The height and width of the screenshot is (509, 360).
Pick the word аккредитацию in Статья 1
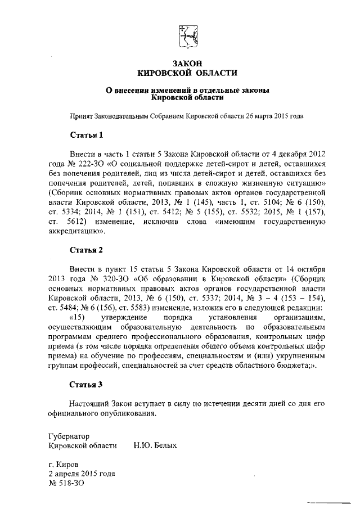[76, 231]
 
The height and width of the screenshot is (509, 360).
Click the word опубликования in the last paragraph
[125, 413]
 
